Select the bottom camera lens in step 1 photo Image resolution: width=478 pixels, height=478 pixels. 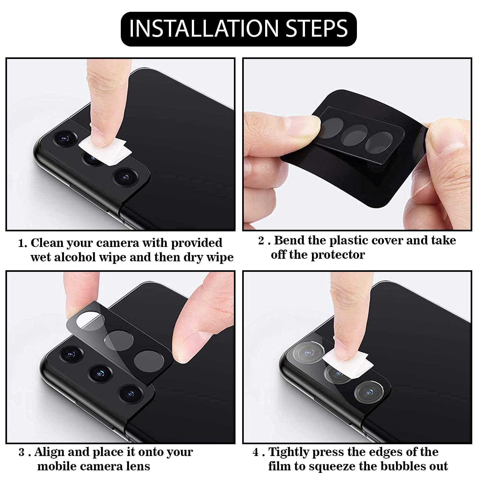(x=125, y=177)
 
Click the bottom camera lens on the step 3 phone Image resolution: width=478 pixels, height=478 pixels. (x=129, y=394)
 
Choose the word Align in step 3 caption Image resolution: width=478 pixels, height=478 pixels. (x=50, y=452)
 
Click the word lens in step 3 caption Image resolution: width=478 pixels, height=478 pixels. (x=137, y=466)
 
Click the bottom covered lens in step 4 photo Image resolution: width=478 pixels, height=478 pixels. (x=368, y=391)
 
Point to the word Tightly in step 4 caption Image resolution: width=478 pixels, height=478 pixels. (x=289, y=452)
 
